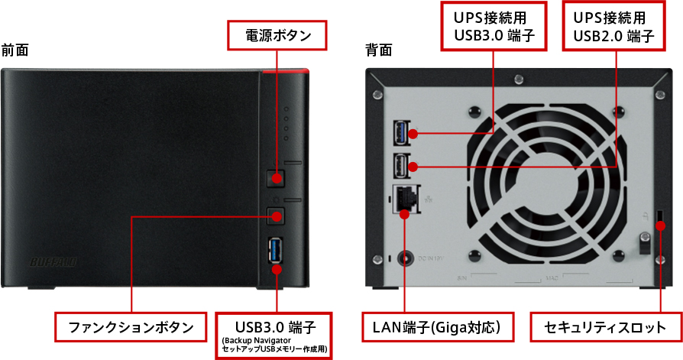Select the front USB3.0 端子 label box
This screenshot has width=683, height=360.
coord(274,327)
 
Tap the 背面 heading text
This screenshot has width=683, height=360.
coord(379,50)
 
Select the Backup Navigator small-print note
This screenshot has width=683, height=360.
coord(274,345)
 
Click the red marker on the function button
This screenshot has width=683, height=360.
coord(276,216)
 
